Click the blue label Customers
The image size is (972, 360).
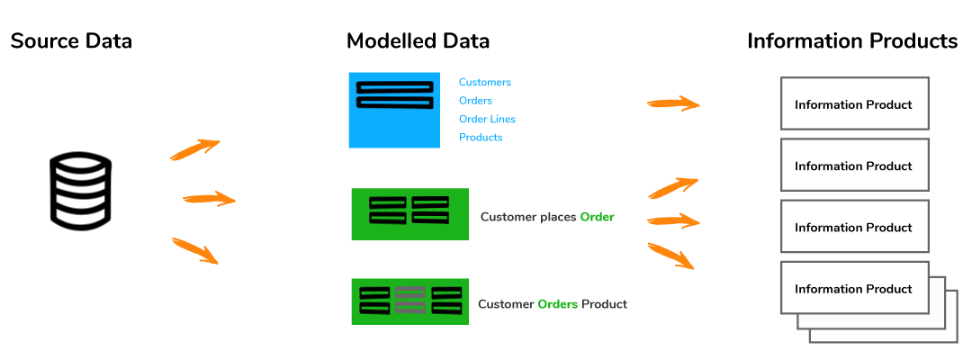point(484,82)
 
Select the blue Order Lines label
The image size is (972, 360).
point(487,119)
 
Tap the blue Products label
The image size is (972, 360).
point(480,138)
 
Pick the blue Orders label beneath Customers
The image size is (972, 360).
point(475,101)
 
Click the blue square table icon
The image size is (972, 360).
point(394,110)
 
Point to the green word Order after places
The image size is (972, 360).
point(597,217)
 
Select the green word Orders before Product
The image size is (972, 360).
point(557,304)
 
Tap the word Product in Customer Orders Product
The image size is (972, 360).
point(604,304)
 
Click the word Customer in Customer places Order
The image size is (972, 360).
point(506,217)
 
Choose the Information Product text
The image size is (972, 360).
point(853,289)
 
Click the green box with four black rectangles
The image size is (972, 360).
point(409,214)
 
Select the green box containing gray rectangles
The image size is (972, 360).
point(409,301)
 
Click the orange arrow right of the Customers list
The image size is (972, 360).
point(673,103)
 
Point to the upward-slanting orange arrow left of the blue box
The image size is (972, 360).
point(195,149)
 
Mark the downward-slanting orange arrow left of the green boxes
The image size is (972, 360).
point(195,251)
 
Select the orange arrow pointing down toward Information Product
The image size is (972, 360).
point(670,256)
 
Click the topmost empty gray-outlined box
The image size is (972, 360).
point(854,103)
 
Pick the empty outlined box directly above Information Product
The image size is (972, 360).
point(854,226)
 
